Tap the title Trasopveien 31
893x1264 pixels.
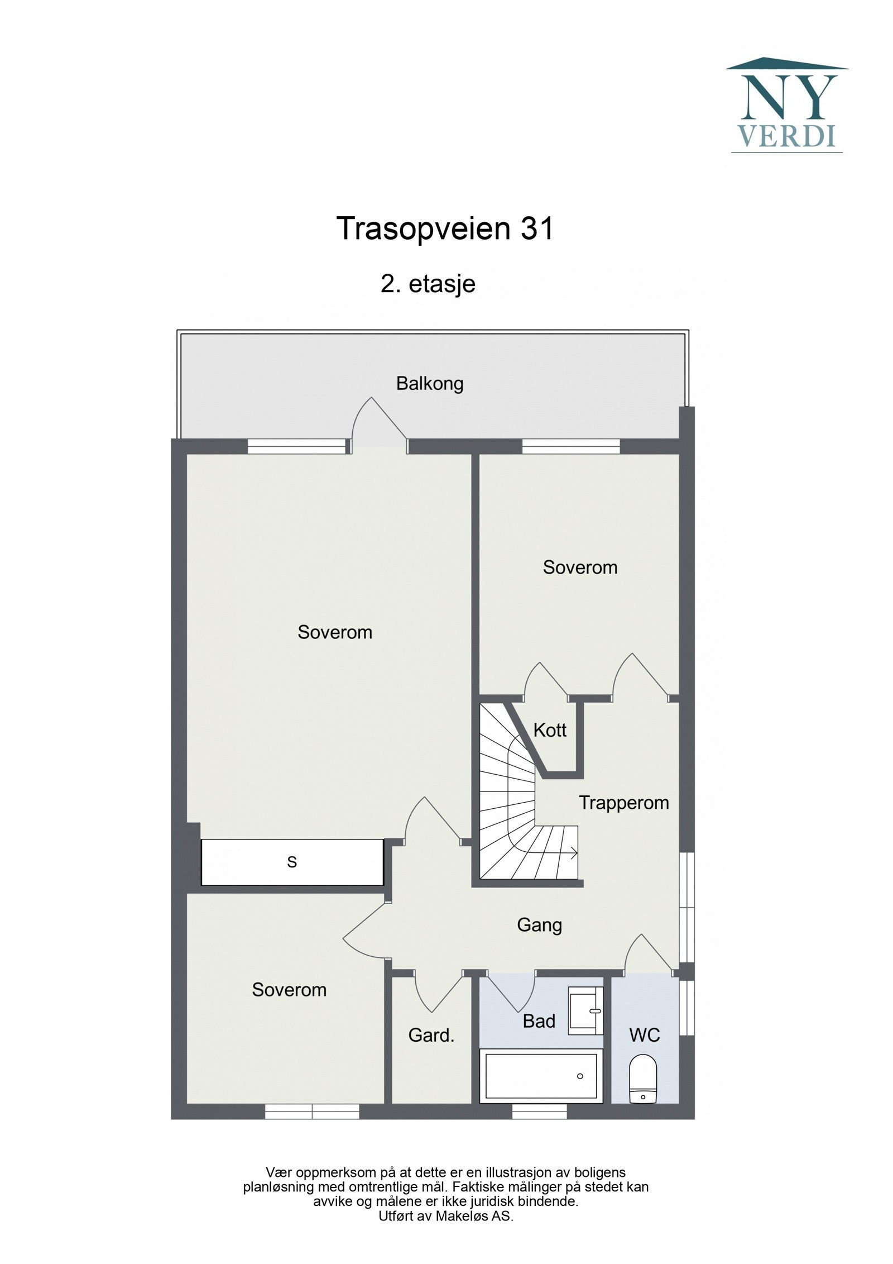[x=445, y=228]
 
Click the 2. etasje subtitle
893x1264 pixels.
[x=428, y=284]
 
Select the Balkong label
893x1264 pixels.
[x=429, y=384]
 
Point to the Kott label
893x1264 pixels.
[x=549, y=730]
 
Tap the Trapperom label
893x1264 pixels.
[x=623, y=803]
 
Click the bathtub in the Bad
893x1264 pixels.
[x=540, y=1075]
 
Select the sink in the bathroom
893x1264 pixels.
[x=585, y=1010]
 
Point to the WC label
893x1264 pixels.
[x=644, y=1034]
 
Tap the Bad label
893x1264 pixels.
[x=538, y=1021]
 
